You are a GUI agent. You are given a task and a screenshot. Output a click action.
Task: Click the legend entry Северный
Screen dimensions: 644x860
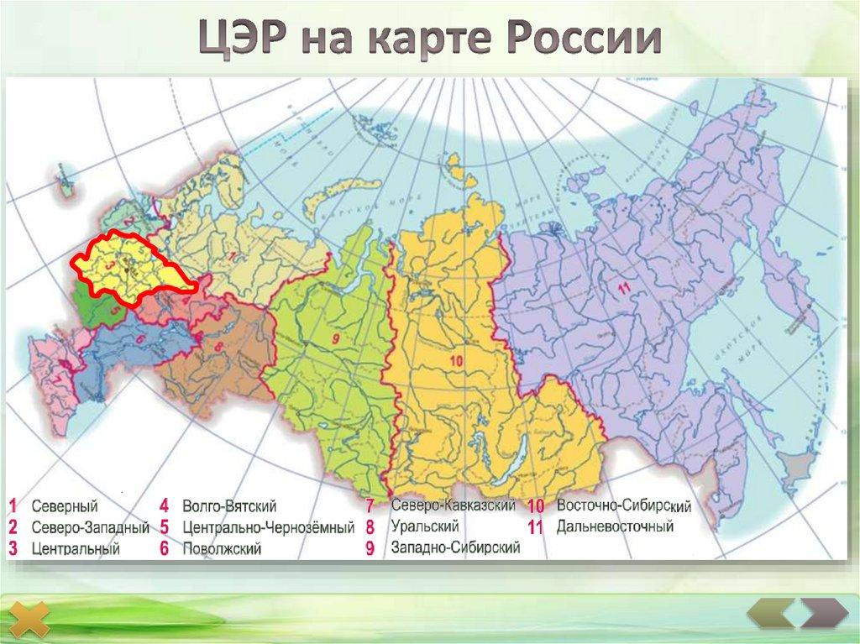(66, 506)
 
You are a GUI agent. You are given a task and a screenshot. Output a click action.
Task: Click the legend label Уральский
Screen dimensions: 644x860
(424, 527)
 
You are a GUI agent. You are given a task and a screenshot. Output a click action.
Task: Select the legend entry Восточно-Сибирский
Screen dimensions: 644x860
(623, 506)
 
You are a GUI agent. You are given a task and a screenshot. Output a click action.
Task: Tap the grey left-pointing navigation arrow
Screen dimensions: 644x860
(770, 612)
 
